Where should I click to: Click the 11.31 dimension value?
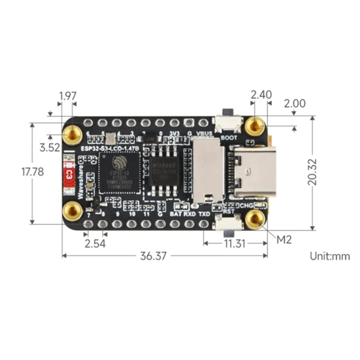(x=234, y=243)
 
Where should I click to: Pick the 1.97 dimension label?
(x=67, y=95)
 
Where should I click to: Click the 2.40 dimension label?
(x=261, y=94)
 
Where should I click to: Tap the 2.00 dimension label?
(x=294, y=103)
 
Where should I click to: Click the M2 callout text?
(x=284, y=239)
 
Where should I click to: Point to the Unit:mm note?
(x=330, y=256)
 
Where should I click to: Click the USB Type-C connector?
(x=249, y=173)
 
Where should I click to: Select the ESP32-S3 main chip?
(x=120, y=173)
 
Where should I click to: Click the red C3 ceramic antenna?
(x=69, y=173)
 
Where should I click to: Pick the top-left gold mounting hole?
(x=72, y=133)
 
